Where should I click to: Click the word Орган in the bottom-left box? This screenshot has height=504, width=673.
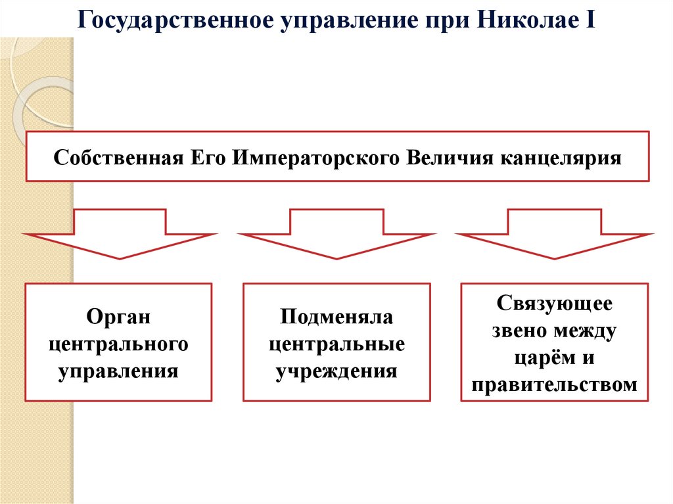click(x=119, y=317)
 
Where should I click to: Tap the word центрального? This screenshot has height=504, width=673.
click(x=119, y=344)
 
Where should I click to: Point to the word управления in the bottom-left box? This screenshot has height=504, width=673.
click(x=119, y=370)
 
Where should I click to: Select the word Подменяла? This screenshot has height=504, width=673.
click(x=336, y=317)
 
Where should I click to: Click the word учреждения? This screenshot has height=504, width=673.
click(x=336, y=370)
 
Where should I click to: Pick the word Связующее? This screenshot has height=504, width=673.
click(x=555, y=304)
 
